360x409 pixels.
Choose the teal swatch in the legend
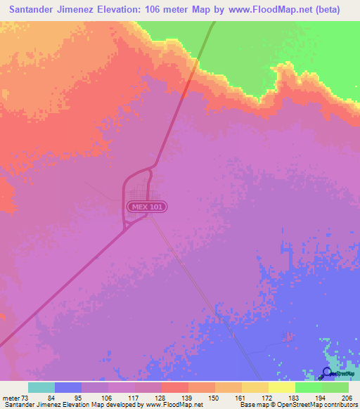coord(41,387)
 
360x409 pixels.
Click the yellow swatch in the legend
coord(282,387)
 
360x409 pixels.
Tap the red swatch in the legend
coord(175,387)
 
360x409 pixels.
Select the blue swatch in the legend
coord(68,387)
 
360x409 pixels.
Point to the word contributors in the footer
coord(341,404)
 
